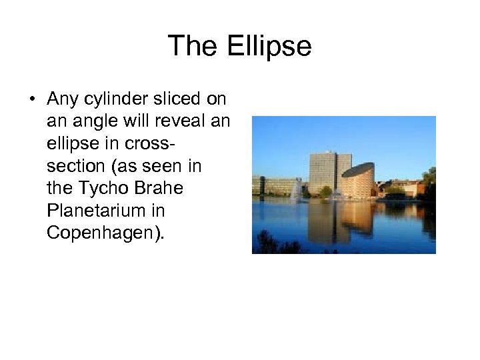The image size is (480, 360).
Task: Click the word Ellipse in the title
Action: [x=269, y=46]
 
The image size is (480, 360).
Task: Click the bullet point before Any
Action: [x=31, y=100]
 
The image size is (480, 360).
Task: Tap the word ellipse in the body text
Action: [x=73, y=144]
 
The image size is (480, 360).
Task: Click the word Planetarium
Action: [x=97, y=211]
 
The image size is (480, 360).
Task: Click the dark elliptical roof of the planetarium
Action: [x=358, y=170]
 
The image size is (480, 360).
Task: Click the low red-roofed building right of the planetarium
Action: [x=400, y=188]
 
